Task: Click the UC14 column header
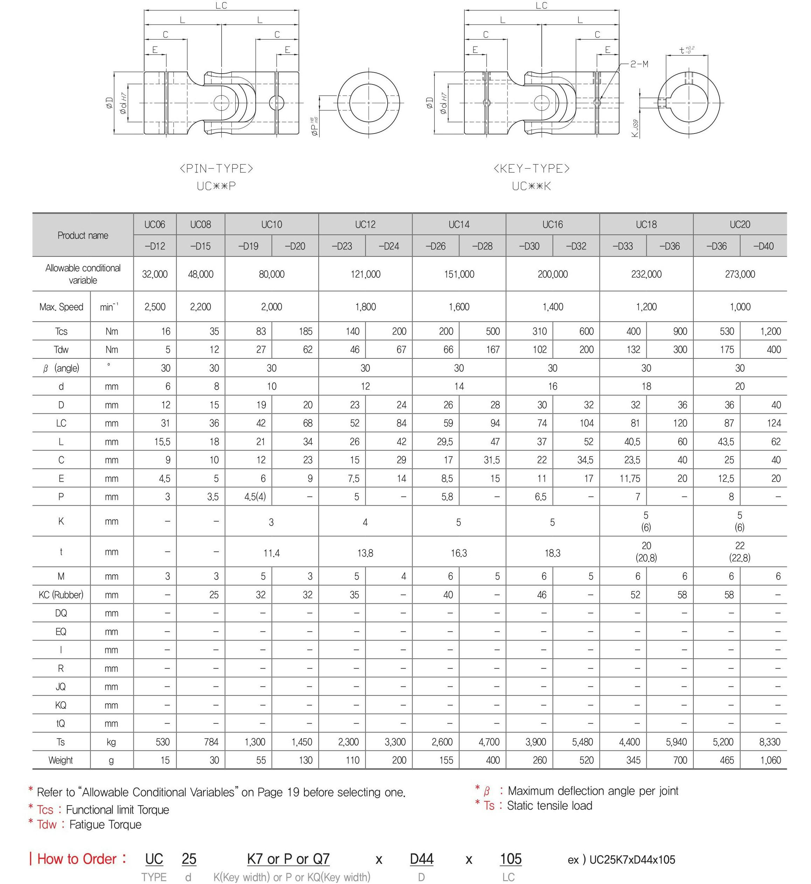pyautogui.click(x=459, y=224)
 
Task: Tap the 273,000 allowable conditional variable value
pyautogui.click(x=740, y=274)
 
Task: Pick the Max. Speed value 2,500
pyautogui.click(x=155, y=307)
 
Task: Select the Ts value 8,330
pyautogui.click(x=769, y=742)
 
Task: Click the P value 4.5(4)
pyautogui.click(x=255, y=497)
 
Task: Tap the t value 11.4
pyautogui.click(x=271, y=553)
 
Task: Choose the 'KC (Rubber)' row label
pyautogui.click(x=61, y=595)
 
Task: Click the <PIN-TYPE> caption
pyautogui.click(x=216, y=169)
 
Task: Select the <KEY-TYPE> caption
pyautogui.click(x=532, y=169)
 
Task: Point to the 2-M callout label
pyautogui.click(x=639, y=64)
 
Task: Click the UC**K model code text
pyautogui.click(x=531, y=186)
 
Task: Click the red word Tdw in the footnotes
pyautogui.click(x=47, y=824)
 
